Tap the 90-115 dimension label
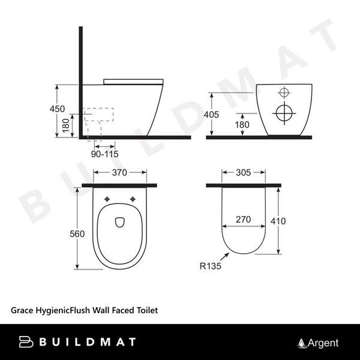click(104, 154)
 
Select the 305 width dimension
click(243, 173)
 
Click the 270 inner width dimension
click(243, 220)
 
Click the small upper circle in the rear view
click(284, 92)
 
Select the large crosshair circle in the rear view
click(284, 112)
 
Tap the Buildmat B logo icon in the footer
click(28, 343)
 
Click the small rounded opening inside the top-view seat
click(118, 221)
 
